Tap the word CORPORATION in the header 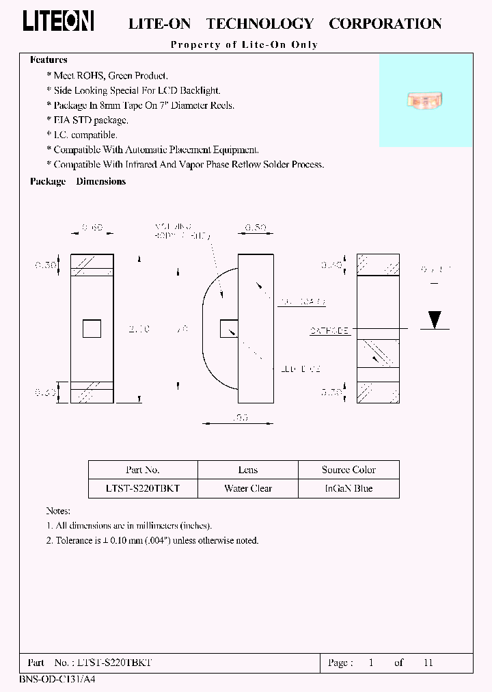click(385, 24)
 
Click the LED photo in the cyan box click(425, 100)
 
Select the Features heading click(49, 60)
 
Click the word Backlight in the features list click(197, 90)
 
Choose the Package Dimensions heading click(78, 181)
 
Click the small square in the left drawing click(92, 328)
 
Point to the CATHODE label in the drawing click(330, 330)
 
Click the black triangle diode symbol click(434, 319)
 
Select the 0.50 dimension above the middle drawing click(256, 228)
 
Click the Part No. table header click(143, 470)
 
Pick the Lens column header click(248, 470)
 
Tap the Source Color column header click(348, 470)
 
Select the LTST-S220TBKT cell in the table click(143, 488)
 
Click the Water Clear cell click(248, 488)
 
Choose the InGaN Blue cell click(348, 488)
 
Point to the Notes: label click(58, 511)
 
